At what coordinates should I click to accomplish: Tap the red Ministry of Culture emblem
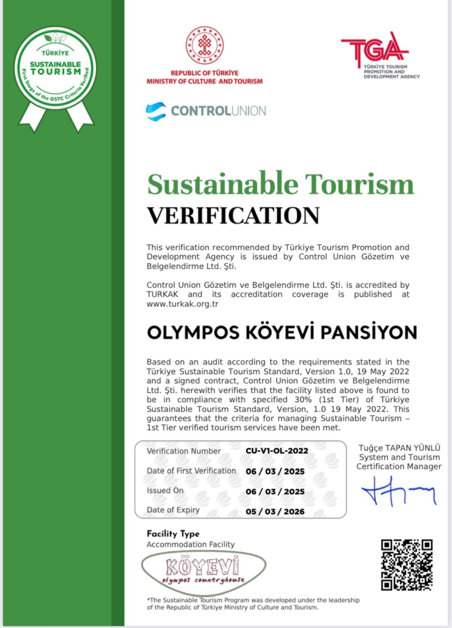pyautogui.click(x=205, y=45)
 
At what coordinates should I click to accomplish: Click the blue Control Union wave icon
pyautogui.click(x=156, y=111)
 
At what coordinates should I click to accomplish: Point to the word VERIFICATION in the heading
pyautogui.click(x=233, y=215)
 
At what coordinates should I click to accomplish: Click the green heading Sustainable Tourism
pyautogui.click(x=280, y=184)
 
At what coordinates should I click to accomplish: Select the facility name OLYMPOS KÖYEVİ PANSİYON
pyautogui.click(x=281, y=332)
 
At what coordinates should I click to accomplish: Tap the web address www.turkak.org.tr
pyautogui.click(x=182, y=304)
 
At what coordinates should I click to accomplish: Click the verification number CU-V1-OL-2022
pyautogui.click(x=277, y=452)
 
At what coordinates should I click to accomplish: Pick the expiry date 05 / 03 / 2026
pyautogui.click(x=275, y=512)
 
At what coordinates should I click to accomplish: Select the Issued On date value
pyautogui.click(x=275, y=491)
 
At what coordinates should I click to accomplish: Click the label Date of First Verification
pyautogui.click(x=192, y=471)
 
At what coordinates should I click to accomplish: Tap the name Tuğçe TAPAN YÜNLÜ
pyautogui.click(x=399, y=448)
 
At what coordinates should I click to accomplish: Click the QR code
pyautogui.click(x=407, y=565)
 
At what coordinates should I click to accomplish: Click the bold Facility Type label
pyautogui.click(x=173, y=534)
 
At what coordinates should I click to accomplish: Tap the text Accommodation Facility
pyautogui.click(x=190, y=544)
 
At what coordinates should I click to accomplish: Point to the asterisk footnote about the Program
pyautogui.click(x=253, y=604)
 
